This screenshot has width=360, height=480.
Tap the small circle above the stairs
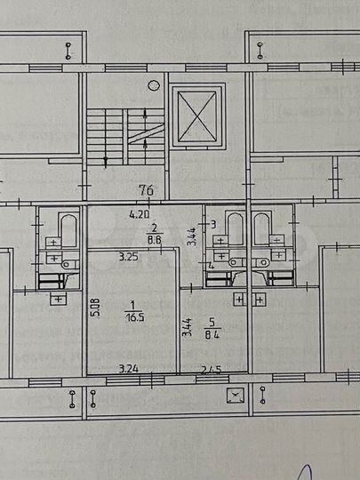[154, 85]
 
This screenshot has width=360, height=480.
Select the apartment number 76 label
[146, 188]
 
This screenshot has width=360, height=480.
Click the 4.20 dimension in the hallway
[139, 214]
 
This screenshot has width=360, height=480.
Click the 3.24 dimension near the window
[132, 367]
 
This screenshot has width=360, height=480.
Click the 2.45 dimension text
[210, 368]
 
